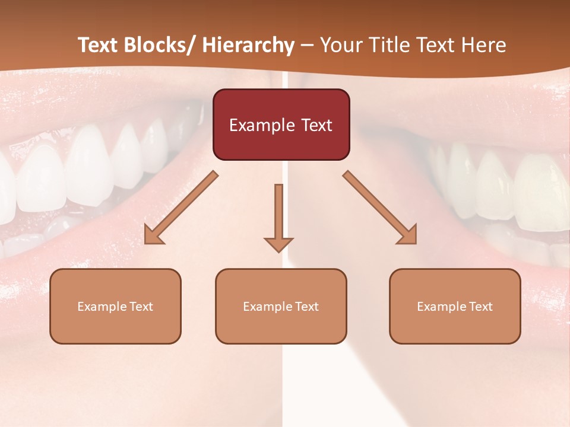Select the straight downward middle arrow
point(278,213)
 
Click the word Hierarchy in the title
point(248,45)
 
